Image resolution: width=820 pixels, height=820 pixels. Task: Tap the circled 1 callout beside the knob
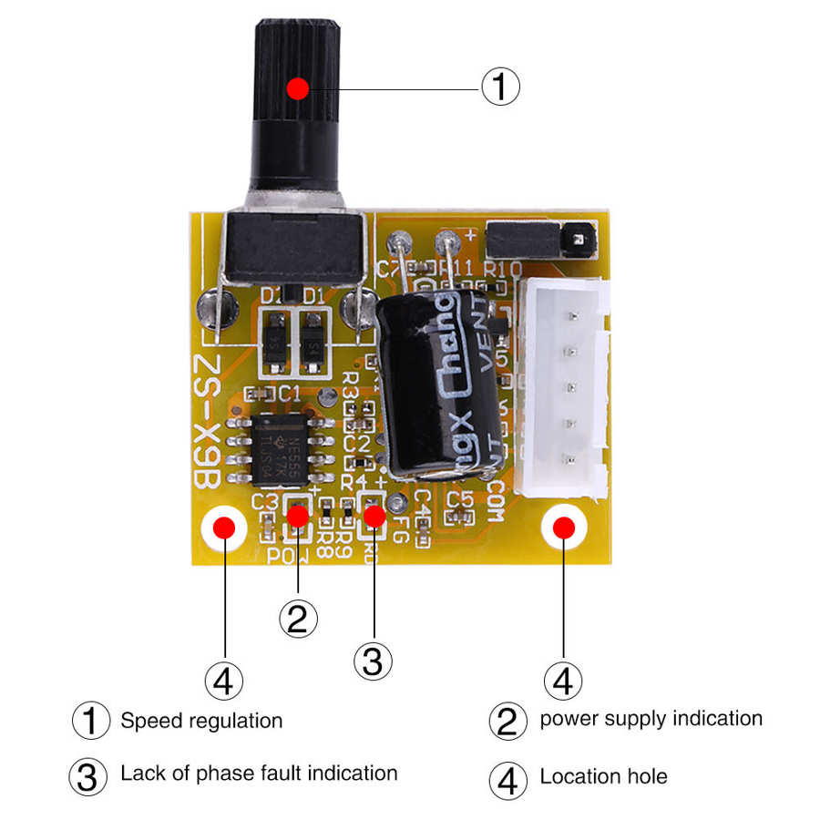click(500, 87)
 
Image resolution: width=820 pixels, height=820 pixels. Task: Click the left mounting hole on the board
click(224, 528)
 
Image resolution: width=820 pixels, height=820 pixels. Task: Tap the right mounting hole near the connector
click(564, 528)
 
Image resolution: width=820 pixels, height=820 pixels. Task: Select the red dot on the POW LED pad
click(297, 516)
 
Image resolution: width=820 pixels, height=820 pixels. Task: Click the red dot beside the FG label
click(374, 516)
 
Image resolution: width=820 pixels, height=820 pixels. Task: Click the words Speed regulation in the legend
click(201, 721)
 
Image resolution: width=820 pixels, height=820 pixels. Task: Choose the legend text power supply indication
click(651, 718)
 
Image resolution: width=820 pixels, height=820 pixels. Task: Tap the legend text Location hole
click(603, 777)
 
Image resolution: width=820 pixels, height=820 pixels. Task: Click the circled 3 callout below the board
click(374, 660)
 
